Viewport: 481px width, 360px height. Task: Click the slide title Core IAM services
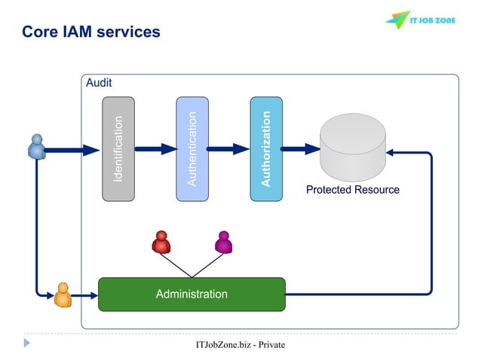90,32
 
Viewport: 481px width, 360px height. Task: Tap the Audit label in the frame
99,83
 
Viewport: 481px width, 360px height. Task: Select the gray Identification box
118,148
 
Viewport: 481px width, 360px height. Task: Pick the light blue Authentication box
191,148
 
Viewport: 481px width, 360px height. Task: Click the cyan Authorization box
265,148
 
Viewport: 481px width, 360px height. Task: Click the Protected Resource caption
352,190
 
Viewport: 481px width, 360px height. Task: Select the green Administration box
191,294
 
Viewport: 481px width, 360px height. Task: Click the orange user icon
63,294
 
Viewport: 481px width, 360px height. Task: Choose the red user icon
161,242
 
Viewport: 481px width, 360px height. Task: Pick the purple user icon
223,242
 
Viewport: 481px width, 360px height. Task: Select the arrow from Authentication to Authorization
228,149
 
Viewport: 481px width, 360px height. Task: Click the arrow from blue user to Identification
72,149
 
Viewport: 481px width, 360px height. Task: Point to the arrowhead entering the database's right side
393,153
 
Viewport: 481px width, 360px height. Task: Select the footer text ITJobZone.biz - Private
240,345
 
